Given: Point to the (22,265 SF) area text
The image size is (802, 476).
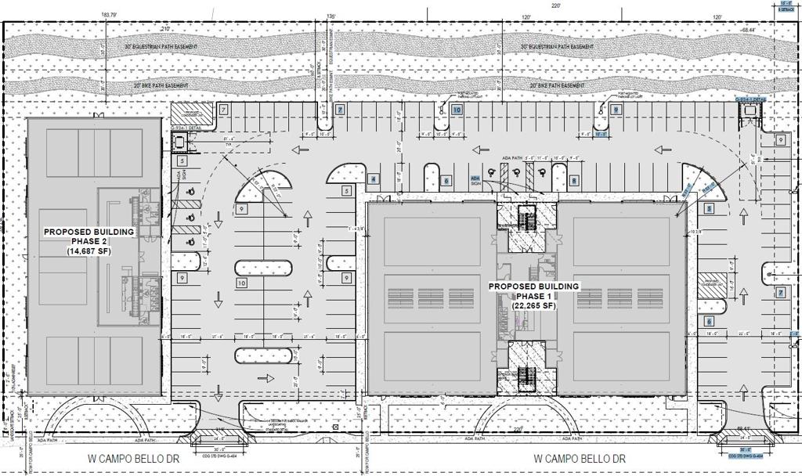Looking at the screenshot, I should click(534, 306).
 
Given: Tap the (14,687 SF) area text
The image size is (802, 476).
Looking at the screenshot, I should click(89, 251).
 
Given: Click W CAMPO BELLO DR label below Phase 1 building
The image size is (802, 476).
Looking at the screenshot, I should click(581, 458).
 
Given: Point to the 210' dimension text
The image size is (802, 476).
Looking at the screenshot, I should click(165, 29).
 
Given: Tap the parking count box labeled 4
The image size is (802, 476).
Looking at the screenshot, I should click(374, 179).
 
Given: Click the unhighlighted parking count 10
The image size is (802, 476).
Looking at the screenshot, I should click(241, 283).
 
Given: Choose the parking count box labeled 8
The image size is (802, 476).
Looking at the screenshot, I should click(574, 180).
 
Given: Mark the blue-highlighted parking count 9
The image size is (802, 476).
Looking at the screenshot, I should click(616, 110).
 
